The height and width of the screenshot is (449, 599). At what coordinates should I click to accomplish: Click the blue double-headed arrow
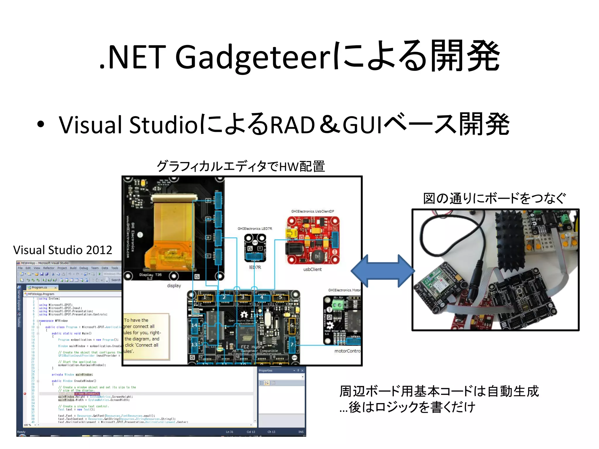(x=383, y=271)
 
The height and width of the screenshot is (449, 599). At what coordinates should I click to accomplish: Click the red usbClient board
(x=313, y=240)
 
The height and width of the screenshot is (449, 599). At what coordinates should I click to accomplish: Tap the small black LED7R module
(x=255, y=248)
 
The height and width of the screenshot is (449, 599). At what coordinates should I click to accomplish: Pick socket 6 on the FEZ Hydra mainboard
(x=292, y=325)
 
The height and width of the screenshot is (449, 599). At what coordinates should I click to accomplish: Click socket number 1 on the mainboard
(x=205, y=298)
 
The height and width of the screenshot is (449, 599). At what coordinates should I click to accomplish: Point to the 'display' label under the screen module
(x=174, y=286)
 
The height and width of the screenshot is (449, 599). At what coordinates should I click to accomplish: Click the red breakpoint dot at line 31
(x=25, y=394)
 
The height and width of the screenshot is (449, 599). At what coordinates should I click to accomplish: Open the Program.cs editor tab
(x=39, y=288)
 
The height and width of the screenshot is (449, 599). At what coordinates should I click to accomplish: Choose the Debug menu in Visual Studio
(x=84, y=268)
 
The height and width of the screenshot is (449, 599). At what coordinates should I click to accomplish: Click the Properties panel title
(x=266, y=371)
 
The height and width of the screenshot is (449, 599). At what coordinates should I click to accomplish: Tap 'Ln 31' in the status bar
(x=230, y=432)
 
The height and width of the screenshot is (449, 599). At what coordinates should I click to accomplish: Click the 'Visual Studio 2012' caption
(x=63, y=250)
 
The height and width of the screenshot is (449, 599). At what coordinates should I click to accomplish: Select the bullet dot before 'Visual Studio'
(x=41, y=124)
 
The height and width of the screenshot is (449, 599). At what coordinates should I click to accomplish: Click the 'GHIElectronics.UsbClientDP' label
(x=312, y=211)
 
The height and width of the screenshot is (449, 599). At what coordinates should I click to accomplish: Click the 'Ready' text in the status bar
(x=21, y=432)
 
